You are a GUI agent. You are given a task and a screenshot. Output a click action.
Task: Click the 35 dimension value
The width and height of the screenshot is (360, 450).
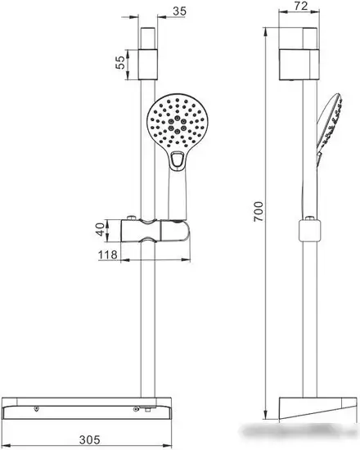pos(181,11)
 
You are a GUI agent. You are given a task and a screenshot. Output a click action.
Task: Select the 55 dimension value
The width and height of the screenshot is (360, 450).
pos(120,62)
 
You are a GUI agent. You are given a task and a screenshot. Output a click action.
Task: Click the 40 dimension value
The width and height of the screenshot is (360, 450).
pos(100,230)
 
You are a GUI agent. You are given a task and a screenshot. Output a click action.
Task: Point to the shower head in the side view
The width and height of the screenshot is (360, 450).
pos(326,123)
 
